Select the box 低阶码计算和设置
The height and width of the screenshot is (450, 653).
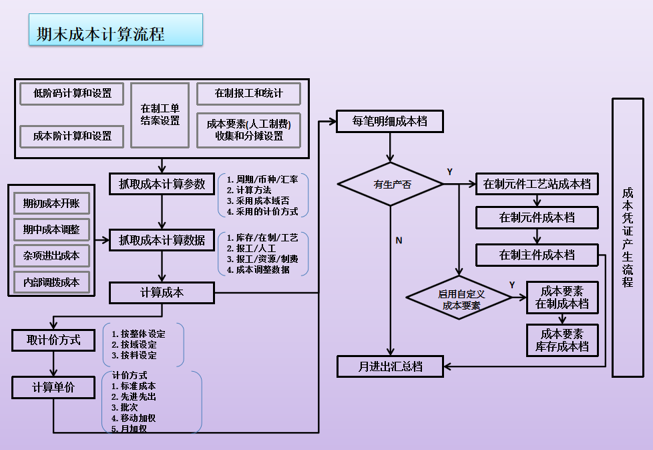coord(72,94)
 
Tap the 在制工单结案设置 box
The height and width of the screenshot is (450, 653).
coord(160,115)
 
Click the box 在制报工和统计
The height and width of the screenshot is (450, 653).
coord(248,94)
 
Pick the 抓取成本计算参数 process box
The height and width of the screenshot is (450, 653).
coord(162,184)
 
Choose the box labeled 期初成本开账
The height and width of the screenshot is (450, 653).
coord(51,203)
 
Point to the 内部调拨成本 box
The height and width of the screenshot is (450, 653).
coord(51,282)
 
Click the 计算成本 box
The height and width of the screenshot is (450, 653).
coord(162,293)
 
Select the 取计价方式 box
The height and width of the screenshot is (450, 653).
coord(53,340)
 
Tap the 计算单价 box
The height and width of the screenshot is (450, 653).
coord(53,387)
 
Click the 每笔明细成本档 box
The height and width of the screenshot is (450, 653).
coord(390,122)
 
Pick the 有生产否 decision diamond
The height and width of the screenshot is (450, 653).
coord(391,185)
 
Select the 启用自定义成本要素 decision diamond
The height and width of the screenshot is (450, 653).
coord(459,298)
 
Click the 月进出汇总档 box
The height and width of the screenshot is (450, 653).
coord(390,366)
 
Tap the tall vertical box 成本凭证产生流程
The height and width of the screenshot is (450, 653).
coord(628,238)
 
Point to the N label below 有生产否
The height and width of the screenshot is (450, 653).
coord(399,241)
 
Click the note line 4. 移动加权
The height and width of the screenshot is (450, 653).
coord(134,418)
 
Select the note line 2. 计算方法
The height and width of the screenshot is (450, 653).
coord(249,190)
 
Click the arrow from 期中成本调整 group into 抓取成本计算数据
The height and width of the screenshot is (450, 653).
coord(102,240)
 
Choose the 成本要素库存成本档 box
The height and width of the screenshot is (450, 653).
coord(562,340)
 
